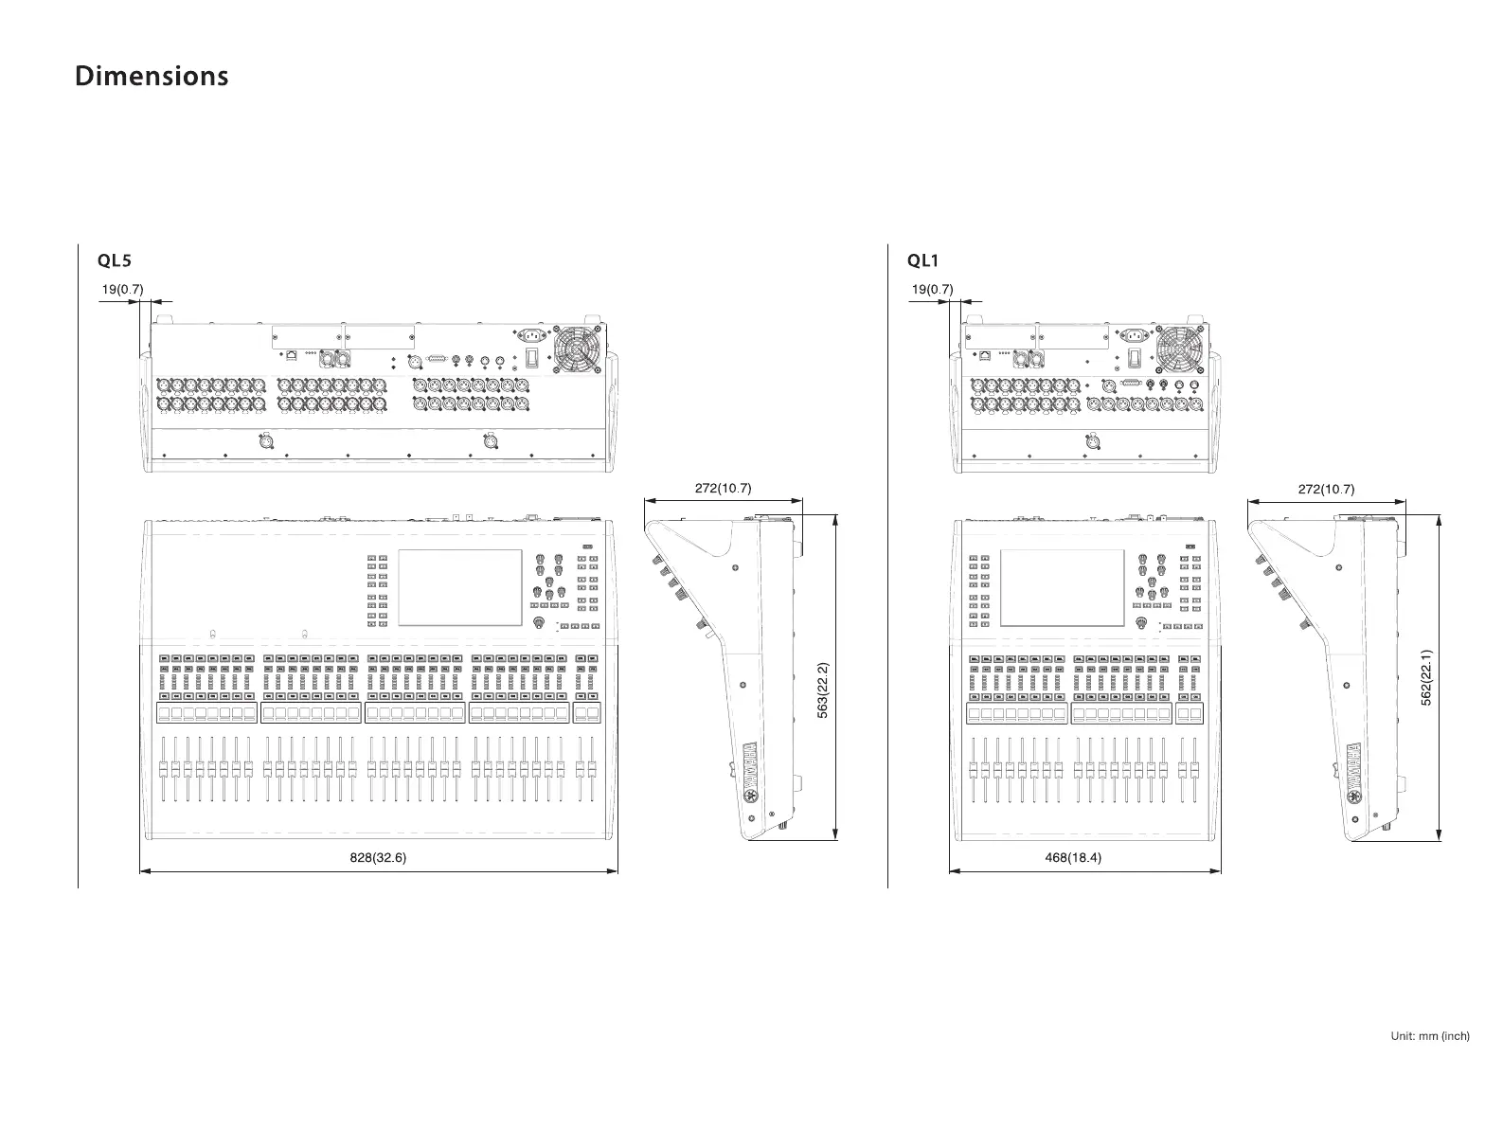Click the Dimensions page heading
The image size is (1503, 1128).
click(x=152, y=76)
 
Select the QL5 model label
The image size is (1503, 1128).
click(x=113, y=260)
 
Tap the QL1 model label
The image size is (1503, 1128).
click(x=922, y=260)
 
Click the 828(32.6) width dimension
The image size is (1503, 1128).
click(x=378, y=858)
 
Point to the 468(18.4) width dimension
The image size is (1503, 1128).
click(x=1073, y=858)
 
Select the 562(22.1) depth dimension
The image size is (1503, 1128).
click(x=1426, y=676)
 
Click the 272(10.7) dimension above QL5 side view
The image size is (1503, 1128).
click(x=723, y=489)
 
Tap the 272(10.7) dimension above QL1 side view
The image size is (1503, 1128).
click(x=1326, y=490)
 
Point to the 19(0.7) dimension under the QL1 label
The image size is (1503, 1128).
click(x=933, y=289)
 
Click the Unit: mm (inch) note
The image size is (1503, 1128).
click(x=1430, y=1036)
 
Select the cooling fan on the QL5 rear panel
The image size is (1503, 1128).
click(x=576, y=349)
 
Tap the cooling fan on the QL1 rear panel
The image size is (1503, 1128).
click(x=1179, y=349)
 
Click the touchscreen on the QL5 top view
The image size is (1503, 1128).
click(x=460, y=587)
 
